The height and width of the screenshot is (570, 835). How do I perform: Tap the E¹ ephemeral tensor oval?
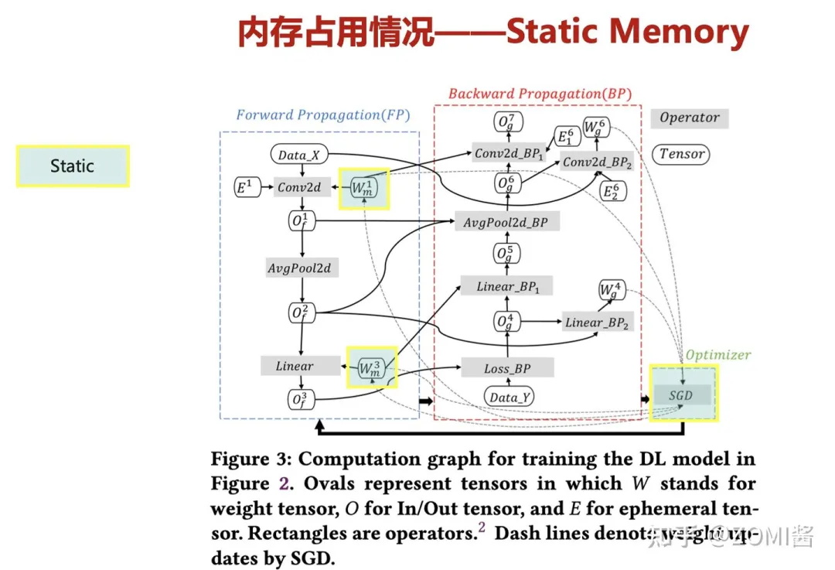[245, 186]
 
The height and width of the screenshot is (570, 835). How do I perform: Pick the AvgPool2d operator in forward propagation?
[298, 268]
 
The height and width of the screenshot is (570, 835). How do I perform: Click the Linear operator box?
[295, 366]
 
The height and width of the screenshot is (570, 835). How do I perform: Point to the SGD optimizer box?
[680, 395]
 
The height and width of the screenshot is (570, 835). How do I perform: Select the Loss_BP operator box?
[507, 368]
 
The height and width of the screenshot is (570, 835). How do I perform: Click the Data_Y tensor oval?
[510, 398]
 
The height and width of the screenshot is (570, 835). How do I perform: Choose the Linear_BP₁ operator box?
[506, 286]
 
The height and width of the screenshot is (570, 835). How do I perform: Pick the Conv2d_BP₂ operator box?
[598, 162]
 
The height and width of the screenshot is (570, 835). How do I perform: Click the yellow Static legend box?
[73, 166]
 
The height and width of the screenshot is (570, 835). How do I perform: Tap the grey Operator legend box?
[689, 118]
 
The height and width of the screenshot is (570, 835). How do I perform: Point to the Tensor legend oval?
[682, 154]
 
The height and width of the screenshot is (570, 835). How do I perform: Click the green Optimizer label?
[718, 354]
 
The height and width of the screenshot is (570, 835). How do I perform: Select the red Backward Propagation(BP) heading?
[540, 94]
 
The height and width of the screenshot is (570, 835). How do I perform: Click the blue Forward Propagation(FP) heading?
[322, 115]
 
